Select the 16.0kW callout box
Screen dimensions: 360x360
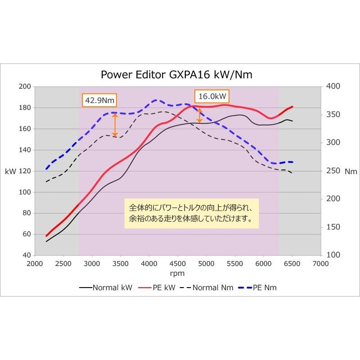click(211, 96)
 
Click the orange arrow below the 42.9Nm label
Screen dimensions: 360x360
click(115, 125)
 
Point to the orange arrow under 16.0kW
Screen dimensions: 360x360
click(199, 115)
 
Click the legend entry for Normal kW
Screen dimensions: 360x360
click(106, 287)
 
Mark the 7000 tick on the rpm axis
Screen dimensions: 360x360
click(320, 263)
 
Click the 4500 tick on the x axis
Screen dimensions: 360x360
click(178, 263)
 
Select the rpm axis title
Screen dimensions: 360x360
click(178, 273)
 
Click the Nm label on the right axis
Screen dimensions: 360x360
click(351, 171)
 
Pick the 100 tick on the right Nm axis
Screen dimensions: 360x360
click(332, 255)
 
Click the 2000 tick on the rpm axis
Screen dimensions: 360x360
click(35, 263)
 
